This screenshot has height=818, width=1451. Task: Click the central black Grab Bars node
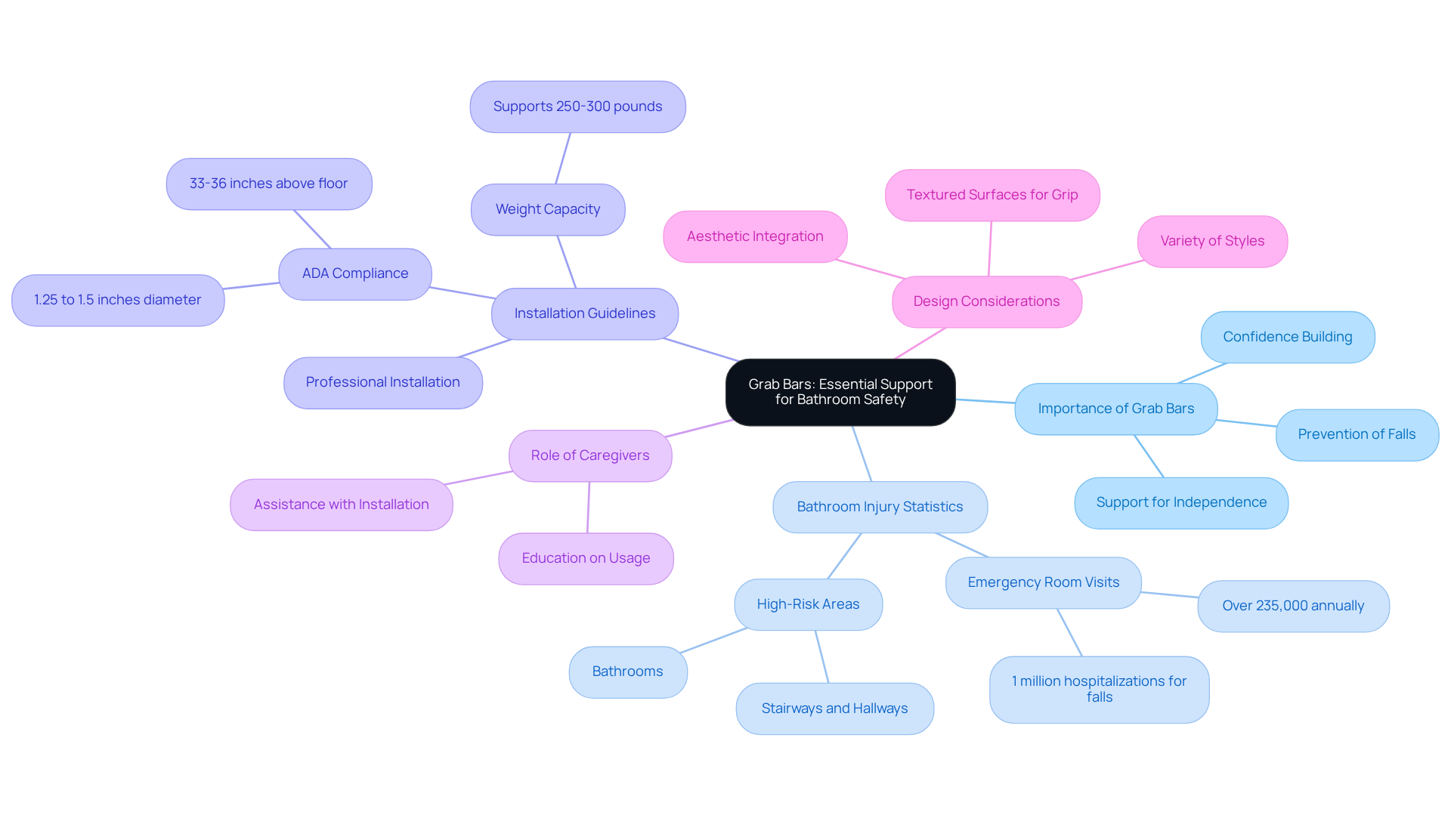pos(840,392)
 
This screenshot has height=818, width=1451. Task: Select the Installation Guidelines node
pos(584,313)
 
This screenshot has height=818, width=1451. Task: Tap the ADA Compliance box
pos(355,273)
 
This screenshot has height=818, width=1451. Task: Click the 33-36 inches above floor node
pos(268,184)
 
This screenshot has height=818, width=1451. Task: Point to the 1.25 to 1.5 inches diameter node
pos(118,300)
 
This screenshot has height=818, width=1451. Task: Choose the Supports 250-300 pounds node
pos(577,106)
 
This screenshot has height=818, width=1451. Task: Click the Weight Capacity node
pos(548,209)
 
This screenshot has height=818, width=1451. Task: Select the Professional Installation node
pos(382,382)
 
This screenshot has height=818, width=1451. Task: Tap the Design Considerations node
pos(986,301)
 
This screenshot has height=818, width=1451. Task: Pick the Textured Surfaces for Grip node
pos(992,195)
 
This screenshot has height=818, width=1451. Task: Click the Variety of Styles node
pos(1212,241)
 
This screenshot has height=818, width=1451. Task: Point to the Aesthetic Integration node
pos(755,236)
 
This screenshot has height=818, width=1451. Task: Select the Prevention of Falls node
pos(1357,434)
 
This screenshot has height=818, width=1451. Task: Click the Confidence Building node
pos(1288,337)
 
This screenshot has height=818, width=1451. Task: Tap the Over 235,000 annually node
pos(1293,606)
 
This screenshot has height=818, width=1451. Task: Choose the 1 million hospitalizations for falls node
pos(1099,689)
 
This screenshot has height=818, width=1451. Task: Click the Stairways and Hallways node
pos(834,708)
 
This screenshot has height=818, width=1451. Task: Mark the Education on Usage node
pos(586,558)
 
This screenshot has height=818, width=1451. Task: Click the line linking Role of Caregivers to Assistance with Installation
pos(479,477)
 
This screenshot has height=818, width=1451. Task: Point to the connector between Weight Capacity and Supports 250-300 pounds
pos(563,159)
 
